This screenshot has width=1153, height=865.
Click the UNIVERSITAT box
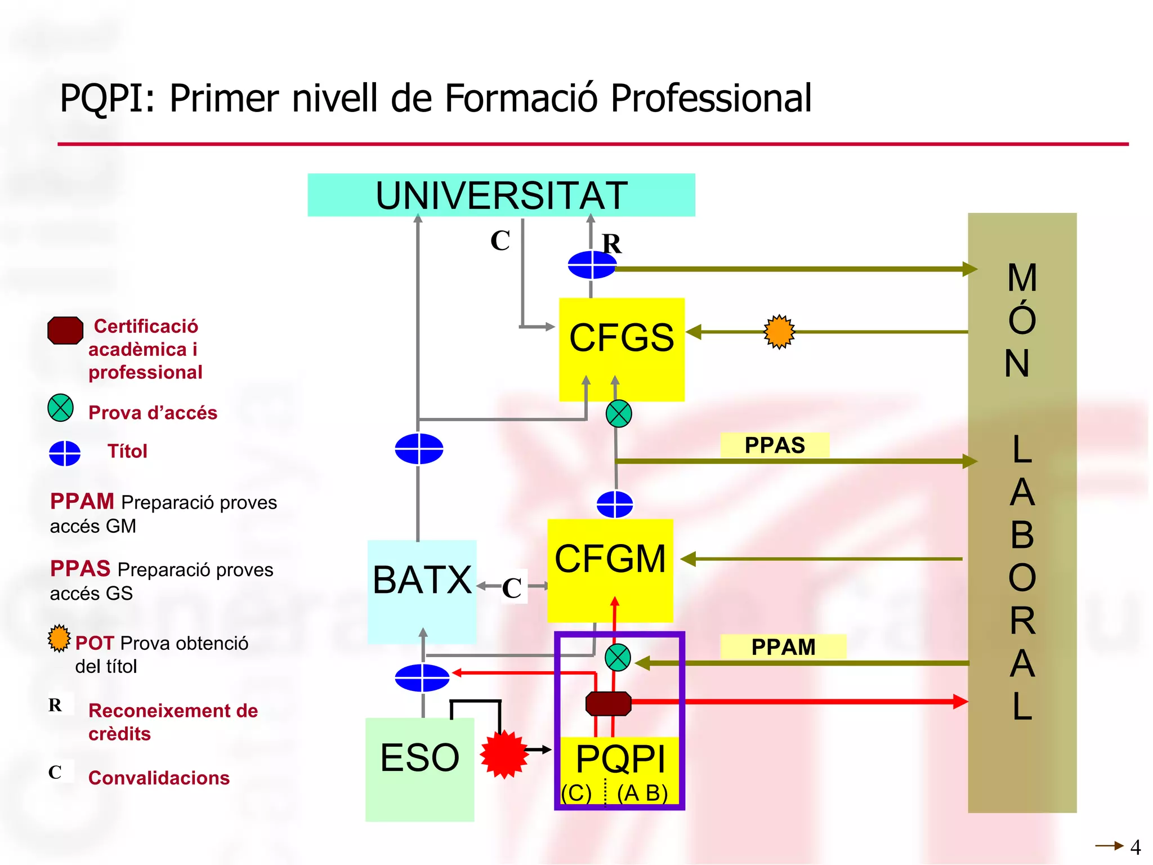501,195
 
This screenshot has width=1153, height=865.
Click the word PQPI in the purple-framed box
620,759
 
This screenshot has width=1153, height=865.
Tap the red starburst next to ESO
504,753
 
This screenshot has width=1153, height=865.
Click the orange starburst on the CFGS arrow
779,332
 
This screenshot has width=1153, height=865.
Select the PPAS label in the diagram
775,445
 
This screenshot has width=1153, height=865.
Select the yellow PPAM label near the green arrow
783,646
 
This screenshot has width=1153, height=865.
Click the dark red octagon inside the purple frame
608,703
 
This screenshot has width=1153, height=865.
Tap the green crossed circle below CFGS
619,414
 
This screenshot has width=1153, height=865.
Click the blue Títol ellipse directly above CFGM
614,504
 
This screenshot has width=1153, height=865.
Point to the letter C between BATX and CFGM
512,588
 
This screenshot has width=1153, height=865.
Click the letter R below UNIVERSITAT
611,244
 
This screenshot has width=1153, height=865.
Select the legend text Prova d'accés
153,413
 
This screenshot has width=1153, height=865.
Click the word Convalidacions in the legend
159,778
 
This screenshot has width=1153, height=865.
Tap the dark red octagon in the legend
65,331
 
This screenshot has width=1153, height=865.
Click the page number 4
1135,847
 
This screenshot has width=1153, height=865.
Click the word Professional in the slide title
710,99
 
